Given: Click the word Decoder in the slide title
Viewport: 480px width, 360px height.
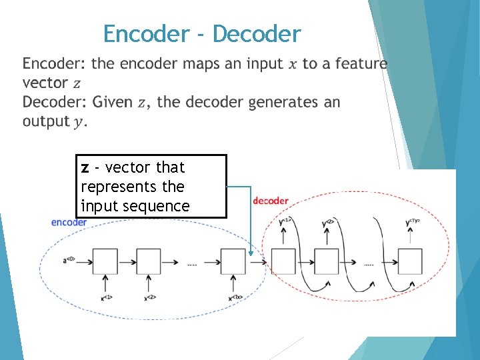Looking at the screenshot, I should [x=257, y=33].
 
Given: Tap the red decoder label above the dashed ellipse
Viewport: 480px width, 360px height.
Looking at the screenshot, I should [x=271, y=201].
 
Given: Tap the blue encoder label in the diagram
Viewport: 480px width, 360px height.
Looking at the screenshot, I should [x=69, y=222].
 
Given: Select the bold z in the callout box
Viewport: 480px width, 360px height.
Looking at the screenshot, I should [x=85, y=167].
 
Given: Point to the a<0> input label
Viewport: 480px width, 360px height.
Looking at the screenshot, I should [x=69, y=261].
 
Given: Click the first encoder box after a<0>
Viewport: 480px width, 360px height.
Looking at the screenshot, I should [x=105, y=261].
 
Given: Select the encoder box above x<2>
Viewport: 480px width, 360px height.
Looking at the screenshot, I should [x=149, y=261].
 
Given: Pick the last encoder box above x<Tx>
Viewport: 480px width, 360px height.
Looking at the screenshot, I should [x=233, y=261].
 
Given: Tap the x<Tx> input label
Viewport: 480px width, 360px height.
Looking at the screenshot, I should [x=234, y=297].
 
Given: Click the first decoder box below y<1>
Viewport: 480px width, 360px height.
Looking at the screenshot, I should [x=283, y=261].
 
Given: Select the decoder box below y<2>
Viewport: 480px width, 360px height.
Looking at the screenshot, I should [x=326, y=261].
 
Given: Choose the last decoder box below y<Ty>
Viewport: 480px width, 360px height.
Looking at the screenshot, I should [x=409, y=261].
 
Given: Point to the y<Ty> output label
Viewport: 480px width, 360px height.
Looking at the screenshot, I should [x=411, y=222].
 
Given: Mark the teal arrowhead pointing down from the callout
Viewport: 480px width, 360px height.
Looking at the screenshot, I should [x=251, y=252].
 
